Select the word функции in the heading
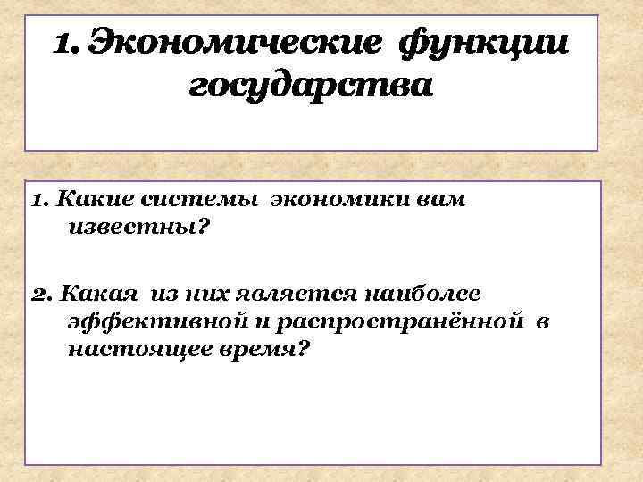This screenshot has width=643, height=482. pyautogui.click(x=483, y=42)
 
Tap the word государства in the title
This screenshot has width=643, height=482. pyautogui.click(x=311, y=87)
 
